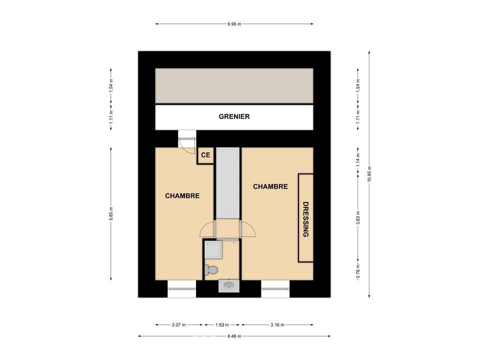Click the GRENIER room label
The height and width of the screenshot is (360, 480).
234,116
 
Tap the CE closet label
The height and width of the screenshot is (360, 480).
205,155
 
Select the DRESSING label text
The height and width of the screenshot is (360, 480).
305,219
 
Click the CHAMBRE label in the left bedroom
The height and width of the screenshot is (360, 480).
182,196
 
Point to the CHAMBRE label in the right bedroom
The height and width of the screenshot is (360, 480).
270,186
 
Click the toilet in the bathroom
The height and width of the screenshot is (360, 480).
211,269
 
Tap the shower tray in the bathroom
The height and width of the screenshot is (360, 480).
213,249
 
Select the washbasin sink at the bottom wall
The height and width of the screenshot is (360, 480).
228,286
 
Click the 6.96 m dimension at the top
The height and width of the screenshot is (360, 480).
234,24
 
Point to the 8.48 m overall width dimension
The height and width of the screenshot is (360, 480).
234,336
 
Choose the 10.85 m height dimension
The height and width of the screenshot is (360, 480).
369,174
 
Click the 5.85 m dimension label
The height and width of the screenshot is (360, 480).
111,213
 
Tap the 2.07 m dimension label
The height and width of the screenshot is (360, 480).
179,325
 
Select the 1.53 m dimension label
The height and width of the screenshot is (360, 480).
222,325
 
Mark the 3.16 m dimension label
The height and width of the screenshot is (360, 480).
277,325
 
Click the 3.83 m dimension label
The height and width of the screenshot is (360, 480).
358,217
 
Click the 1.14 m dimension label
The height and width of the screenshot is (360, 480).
358,160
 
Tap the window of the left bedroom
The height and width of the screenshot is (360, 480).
182,288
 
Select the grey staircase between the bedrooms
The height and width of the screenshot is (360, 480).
228,183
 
